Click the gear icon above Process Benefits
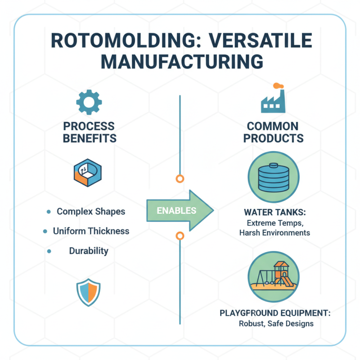[89, 102]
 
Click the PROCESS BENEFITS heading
[89, 132]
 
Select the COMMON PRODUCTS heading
[273, 132]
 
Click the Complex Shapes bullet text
[91, 211]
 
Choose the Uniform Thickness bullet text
[91, 231]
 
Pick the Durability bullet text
[89, 251]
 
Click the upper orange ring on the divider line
[180, 179]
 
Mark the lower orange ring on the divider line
[180, 236]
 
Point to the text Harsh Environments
[274, 233]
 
